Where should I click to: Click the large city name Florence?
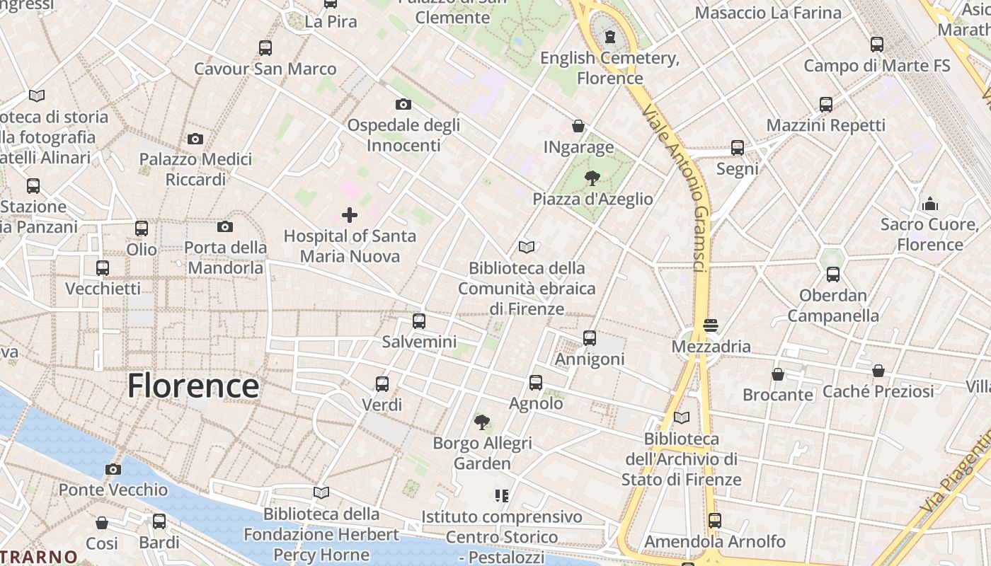(x=193, y=386)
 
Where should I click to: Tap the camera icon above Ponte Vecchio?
(x=113, y=469)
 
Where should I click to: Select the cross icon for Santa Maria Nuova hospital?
(x=350, y=215)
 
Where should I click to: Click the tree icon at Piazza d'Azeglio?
(x=592, y=178)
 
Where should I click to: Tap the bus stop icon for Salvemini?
(x=419, y=321)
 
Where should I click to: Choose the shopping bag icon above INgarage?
(x=578, y=127)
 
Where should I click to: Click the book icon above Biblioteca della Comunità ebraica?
(x=527, y=248)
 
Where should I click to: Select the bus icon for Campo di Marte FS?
(x=877, y=45)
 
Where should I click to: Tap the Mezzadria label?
(x=711, y=347)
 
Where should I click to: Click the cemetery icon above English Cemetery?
(x=610, y=37)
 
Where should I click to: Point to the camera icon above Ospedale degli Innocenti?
(x=403, y=105)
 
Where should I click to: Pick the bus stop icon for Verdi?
(x=382, y=384)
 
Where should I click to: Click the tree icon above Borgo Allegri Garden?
(x=482, y=422)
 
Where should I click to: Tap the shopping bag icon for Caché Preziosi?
(x=878, y=371)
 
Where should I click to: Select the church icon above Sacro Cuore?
(x=930, y=204)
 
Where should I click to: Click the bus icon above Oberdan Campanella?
(x=833, y=275)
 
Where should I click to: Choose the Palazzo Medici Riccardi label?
(x=195, y=169)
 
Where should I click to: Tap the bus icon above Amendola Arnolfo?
(x=715, y=521)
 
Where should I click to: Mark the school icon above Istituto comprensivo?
(x=502, y=496)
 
